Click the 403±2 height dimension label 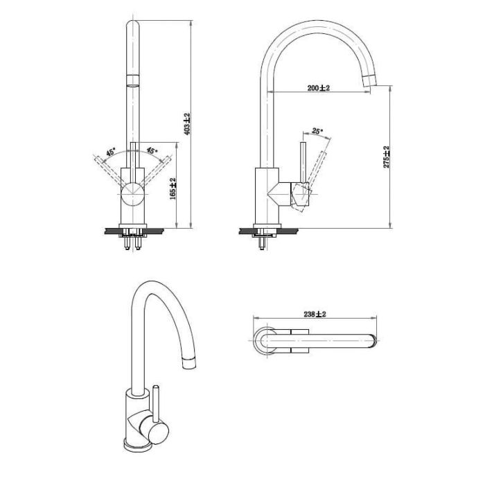click(x=188, y=124)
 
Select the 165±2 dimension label click(x=173, y=188)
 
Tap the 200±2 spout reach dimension click(x=319, y=88)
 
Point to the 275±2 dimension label click(x=387, y=157)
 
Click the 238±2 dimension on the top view click(x=315, y=315)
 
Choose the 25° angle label click(x=317, y=131)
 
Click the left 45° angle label click(x=111, y=152)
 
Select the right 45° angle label click(x=152, y=150)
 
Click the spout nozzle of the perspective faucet click(x=189, y=362)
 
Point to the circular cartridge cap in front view click(x=133, y=194)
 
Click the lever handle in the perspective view click(x=156, y=403)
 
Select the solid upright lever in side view click(x=303, y=163)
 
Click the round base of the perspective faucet click(x=137, y=445)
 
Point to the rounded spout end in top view click(x=373, y=340)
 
